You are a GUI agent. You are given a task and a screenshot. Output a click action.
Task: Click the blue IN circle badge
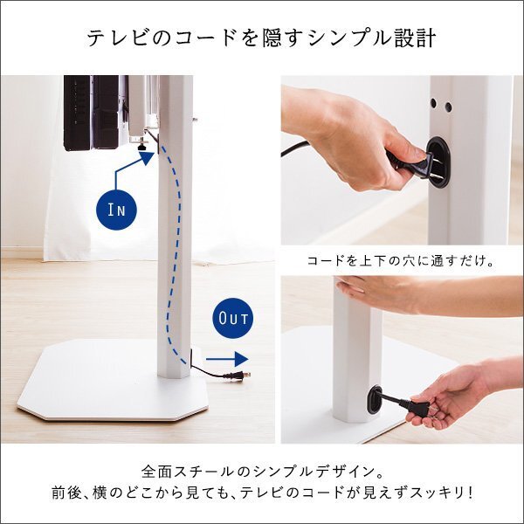click(117, 210)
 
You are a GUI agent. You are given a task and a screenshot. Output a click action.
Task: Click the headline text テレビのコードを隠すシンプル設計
click(262, 39)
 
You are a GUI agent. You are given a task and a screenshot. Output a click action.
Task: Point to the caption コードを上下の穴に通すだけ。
click(403, 260)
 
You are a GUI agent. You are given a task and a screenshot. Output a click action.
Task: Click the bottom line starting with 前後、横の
click(262, 493)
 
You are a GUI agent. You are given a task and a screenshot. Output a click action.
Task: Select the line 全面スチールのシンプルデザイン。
click(262, 468)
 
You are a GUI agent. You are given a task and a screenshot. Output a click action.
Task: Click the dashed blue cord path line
click(180, 253)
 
